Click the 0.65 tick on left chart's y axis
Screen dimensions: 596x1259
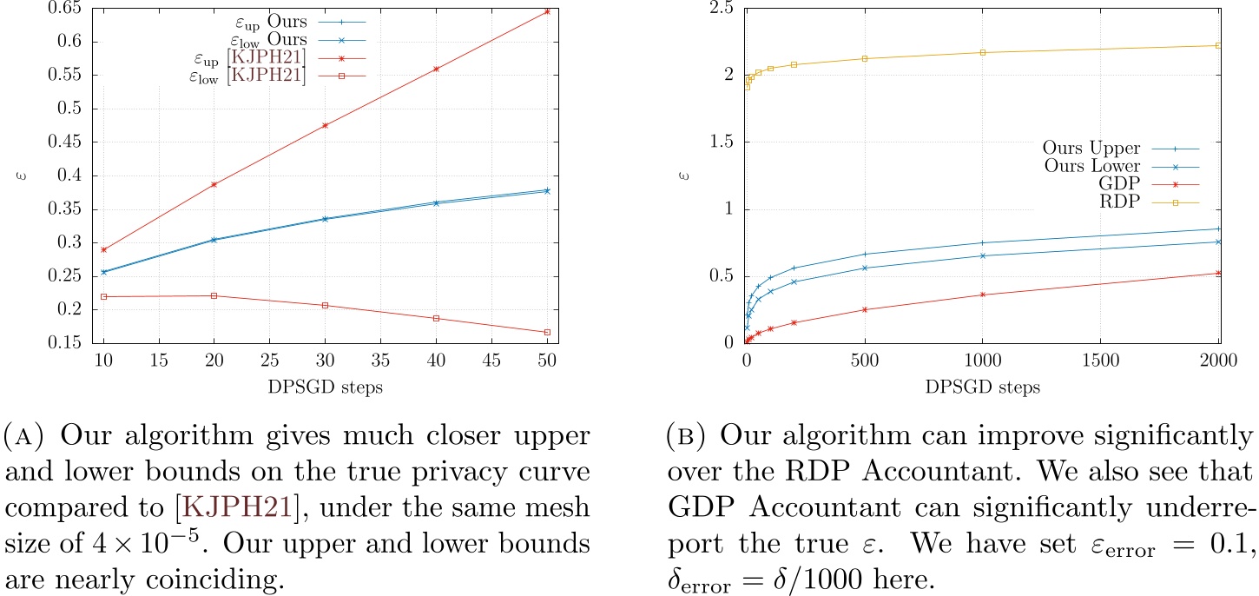tap(68, 8)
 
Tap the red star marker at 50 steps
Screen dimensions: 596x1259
tap(546, 11)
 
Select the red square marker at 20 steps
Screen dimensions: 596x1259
tap(214, 295)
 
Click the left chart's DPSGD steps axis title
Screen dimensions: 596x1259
tap(325, 387)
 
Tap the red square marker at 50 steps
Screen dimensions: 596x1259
tap(546, 332)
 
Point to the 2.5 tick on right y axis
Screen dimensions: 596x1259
tap(722, 8)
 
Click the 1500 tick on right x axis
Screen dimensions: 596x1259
tap(1100, 359)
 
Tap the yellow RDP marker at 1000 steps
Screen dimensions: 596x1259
tap(982, 53)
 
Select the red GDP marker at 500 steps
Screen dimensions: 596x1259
tap(864, 309)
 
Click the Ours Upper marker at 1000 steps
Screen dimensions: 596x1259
tap(982, 242)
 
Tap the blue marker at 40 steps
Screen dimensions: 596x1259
tap(436, 202)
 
